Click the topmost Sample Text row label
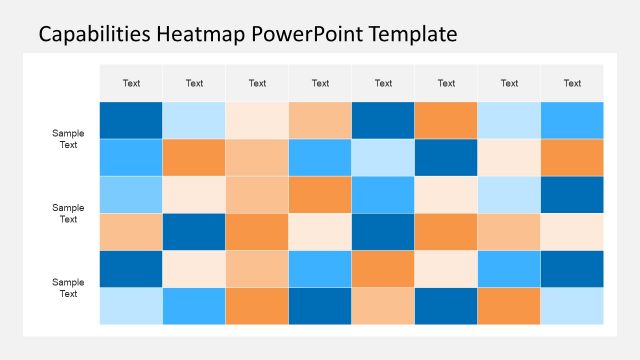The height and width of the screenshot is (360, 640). coord(68,139)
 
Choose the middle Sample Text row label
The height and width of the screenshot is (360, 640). coord(68,213)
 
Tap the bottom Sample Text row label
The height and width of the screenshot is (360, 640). coord(68,288)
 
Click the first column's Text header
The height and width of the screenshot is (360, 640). coord(131,83)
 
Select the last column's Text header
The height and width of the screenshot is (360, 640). coord(572,83)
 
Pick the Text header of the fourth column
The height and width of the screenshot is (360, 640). coord(320,83)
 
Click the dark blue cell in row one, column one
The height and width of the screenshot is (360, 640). coord(131,120)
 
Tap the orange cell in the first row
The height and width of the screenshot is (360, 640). coord(446,120)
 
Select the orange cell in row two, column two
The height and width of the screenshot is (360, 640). coord(194,157)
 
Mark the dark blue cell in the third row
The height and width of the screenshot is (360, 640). coord(572,194)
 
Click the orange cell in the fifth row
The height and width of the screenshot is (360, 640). coord(383,269)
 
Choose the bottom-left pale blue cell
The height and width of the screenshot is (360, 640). coord(131,306)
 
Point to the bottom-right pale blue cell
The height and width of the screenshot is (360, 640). coord(572,306)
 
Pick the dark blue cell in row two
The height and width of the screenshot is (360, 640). coord(446,157)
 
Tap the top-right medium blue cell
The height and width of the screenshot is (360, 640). coord(572,120)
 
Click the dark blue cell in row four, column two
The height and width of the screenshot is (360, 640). coord(194,232)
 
